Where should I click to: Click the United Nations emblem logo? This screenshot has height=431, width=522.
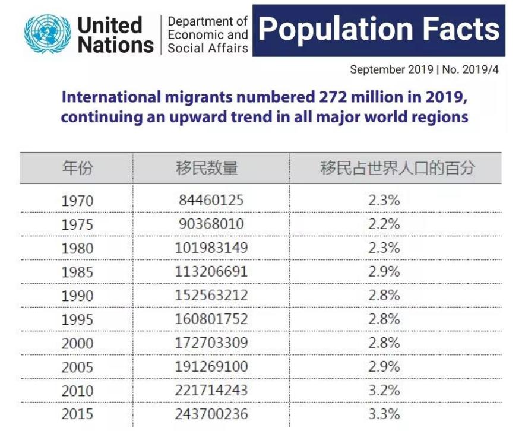tap(48, 34)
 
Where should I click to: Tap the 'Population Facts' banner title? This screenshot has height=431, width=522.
tap(379, 30)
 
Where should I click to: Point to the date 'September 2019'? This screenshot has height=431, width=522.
tap(391, 69)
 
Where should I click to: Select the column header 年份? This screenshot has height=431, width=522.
tap(77, 168)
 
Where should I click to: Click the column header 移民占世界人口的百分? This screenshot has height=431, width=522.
tap(397, 168)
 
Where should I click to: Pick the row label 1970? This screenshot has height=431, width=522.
tap(77, 201)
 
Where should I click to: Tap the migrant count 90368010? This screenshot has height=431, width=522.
tap(211, 224)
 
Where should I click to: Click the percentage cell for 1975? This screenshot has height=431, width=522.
tap(384, 224)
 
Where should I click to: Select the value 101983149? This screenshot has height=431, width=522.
tap(211, 248)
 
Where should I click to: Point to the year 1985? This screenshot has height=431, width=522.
tap(77, 272)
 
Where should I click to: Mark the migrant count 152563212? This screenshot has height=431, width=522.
tap(211, 295)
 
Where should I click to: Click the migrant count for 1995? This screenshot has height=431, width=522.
tap(211, 319)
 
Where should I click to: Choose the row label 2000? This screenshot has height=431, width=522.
tap(77, 343)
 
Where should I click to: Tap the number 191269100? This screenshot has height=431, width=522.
tap(211, 366)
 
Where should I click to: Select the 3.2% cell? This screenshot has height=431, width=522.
tap(384, 390)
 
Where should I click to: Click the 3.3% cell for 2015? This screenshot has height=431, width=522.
tap(384, 414)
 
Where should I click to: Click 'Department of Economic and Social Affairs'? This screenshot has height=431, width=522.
tap(207, 34)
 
